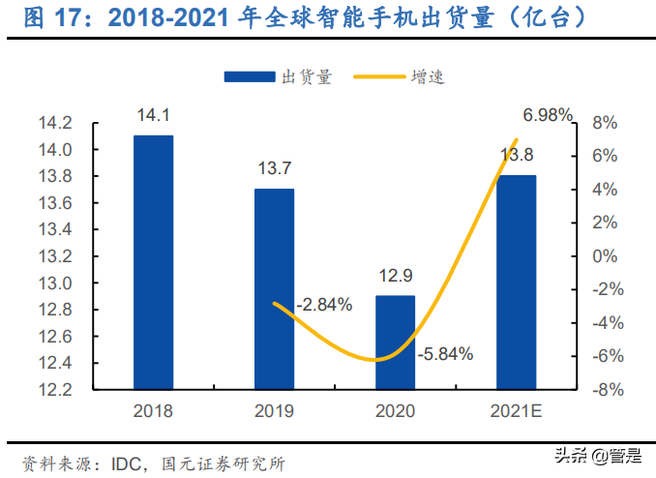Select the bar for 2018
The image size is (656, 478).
[153, 262]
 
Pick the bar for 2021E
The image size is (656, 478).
[516, 282]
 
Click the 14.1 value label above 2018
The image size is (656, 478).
[153, 116]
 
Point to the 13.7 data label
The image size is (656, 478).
[274, 169]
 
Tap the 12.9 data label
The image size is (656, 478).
[395, 277]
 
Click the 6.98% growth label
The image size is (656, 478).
[549, 116]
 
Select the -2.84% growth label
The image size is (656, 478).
[323, 305]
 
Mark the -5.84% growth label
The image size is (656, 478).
[445, 354]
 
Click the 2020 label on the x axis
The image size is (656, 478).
[395, 411]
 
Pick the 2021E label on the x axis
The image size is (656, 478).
[516, 411]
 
